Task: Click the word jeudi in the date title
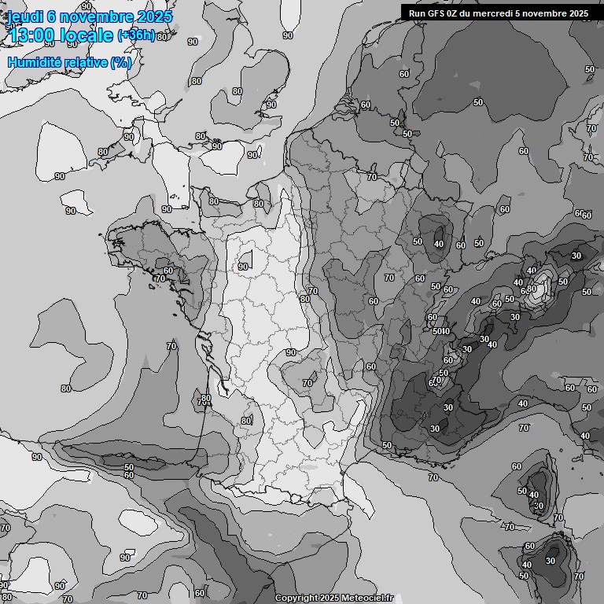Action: point(25,17)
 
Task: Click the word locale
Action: point(87,35)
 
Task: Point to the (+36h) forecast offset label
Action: point(135,35)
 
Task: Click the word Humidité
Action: point(35,62)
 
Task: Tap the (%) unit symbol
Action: point(121,62)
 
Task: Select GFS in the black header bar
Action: point(437,13)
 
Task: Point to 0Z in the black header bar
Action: point(457,13)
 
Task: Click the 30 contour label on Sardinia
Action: point(551,561)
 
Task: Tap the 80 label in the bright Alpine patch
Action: point(532,289)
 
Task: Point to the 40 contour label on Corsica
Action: point(534,495)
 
